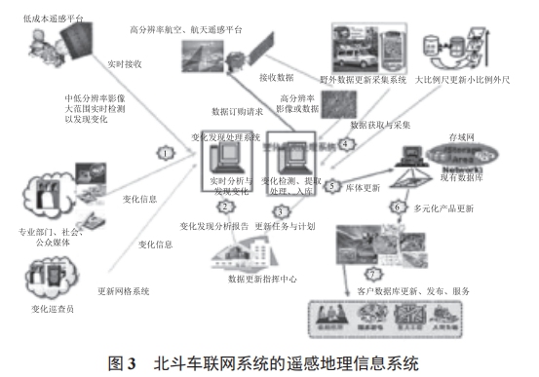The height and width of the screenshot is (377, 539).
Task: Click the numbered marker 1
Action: tap(167, 153)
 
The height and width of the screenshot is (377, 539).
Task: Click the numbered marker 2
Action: tap(225, 206)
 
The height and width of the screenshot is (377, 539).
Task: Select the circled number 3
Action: tap(282, 209)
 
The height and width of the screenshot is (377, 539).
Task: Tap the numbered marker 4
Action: tap(345, 143)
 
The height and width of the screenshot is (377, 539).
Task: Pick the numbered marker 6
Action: tap(398, 207)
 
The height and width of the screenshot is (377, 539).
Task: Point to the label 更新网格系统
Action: tap(122, 290)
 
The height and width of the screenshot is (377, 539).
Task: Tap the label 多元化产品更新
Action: tap(445, 208)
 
